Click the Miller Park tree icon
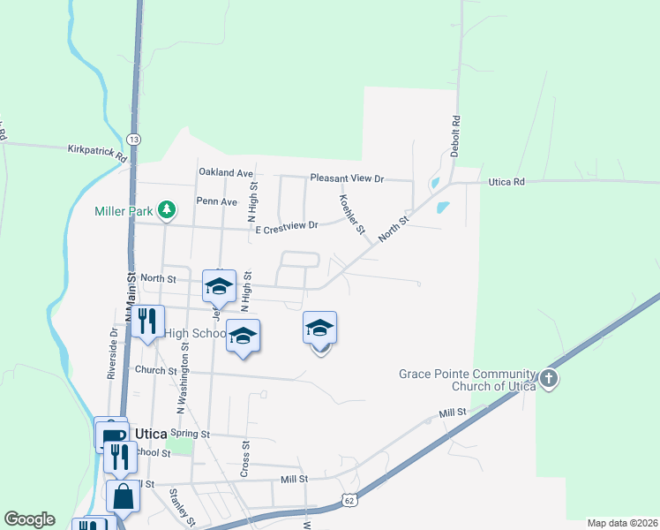pyautogui.click(x=166, y=210)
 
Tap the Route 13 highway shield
pyautogui.click(x=133, y=140)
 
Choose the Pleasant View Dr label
pyautogui.click(x=348, y=178)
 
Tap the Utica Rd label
pyautogui.click(x=507, y=181)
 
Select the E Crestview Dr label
pyautogui.click(x=286, y=228)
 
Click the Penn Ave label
pyautogui.click(x=217, y=201)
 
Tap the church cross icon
pyautogui.click(x=549, y=380)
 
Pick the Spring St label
pyautogui.click(x=190, y=434)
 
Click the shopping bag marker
pyautogui.click(x=123, y=497)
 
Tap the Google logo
pyautogui.click(x=29, y=519)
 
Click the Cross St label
pyautogui.click(x=245, y=460)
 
